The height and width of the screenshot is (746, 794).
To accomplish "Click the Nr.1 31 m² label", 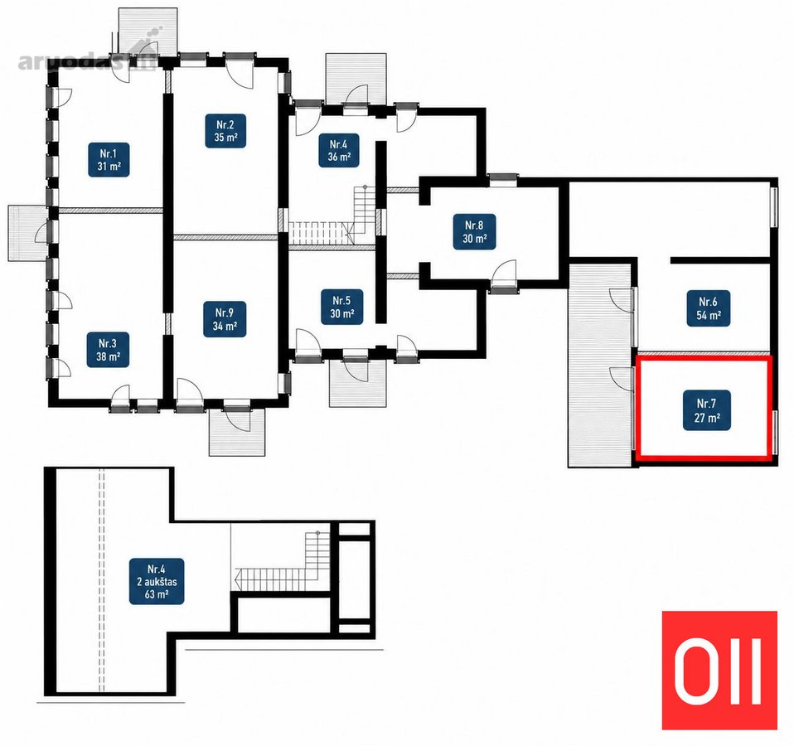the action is (109, 160).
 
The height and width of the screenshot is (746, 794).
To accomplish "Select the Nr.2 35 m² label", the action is (225, 131).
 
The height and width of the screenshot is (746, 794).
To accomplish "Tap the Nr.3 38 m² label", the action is (109, 350).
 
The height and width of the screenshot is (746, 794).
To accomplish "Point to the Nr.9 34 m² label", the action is (225, 320).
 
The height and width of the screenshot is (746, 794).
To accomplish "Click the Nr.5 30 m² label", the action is (341, 308).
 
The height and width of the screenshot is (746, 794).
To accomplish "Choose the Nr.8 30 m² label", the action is (474, 232).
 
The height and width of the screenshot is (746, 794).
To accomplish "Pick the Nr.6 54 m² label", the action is (709, 308).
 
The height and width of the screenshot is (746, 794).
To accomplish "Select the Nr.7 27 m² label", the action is (706, 410).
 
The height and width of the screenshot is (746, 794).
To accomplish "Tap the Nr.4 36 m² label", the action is (339, 150).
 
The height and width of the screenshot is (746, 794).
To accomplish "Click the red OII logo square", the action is (719, 671).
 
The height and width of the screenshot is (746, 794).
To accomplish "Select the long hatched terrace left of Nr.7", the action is (601, 364).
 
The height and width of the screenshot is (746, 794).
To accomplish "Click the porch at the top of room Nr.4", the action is (356, 80).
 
